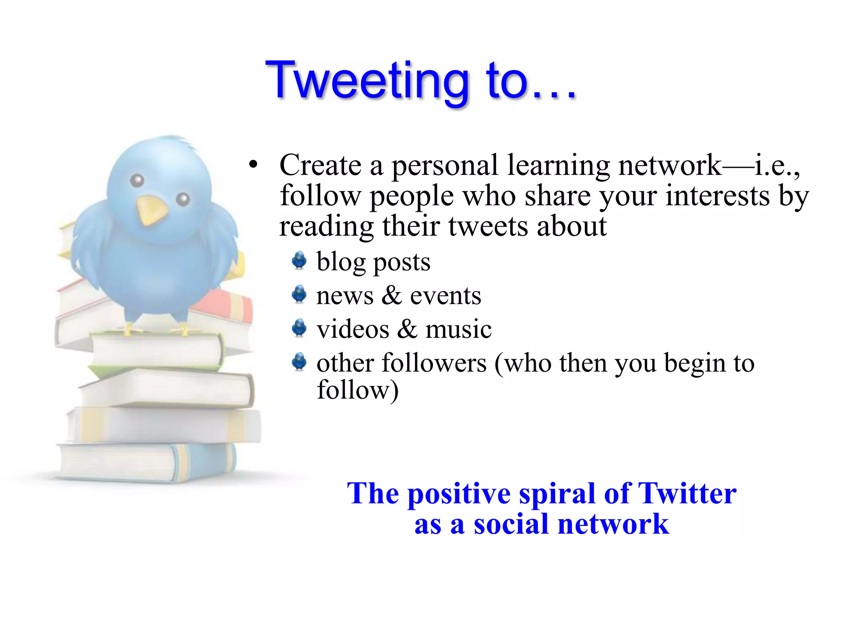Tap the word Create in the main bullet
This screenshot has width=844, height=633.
[320, 165]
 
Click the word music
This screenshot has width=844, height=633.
[458, 329]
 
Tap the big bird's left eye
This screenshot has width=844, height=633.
[137, 180]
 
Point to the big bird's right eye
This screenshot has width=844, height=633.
[183, 199]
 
